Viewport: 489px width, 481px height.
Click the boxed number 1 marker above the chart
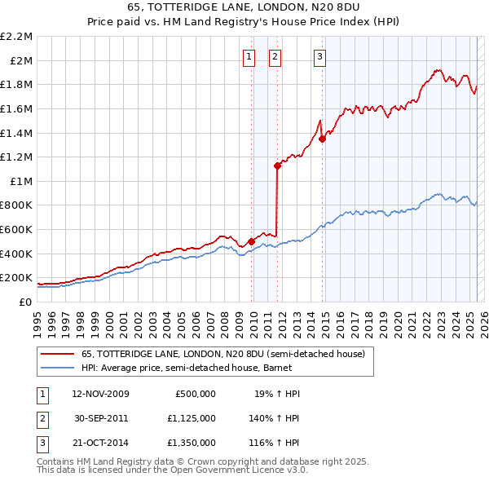[248, 56]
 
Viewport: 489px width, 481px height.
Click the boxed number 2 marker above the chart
[275, 56]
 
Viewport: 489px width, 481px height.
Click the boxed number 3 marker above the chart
[319, 56]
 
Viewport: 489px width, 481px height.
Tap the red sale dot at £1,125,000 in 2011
[278, 165]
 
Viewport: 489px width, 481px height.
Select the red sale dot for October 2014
[322, 139]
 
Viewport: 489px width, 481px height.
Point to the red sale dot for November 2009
[251, 241]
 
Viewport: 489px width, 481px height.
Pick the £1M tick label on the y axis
[20, 181]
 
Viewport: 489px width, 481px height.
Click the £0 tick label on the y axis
[24, 302]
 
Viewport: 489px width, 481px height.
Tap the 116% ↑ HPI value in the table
[275, 443]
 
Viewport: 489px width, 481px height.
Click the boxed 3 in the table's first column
[42, 443]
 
